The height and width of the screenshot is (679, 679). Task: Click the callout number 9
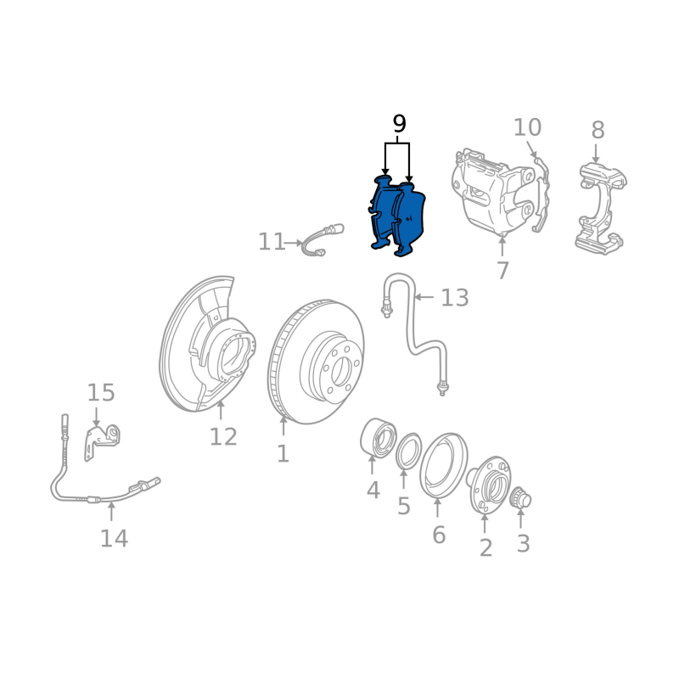coord(399,124)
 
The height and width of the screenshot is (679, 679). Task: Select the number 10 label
coord(527,128)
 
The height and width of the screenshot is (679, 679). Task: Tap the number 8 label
coord(598,130)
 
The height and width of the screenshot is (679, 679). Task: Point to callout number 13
coord(455,298)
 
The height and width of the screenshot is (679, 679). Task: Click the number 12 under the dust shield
coord(223,436)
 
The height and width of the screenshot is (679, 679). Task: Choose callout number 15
coord(101,393)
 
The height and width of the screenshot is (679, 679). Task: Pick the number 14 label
coord(114,538)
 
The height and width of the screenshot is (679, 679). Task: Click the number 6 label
coord(439,535)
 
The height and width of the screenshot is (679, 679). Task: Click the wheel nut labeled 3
coord(520,498)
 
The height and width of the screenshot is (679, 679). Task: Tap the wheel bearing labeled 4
coord(378,437)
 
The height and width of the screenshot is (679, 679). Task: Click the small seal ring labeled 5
coord(409,451)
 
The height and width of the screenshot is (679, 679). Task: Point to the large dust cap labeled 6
coord(444,465)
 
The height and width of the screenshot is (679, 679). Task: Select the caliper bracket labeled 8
coord(601,208)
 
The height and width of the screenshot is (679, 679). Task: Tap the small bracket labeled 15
coord(102,441)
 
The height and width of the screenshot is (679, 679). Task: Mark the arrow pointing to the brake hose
coord(424,297)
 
